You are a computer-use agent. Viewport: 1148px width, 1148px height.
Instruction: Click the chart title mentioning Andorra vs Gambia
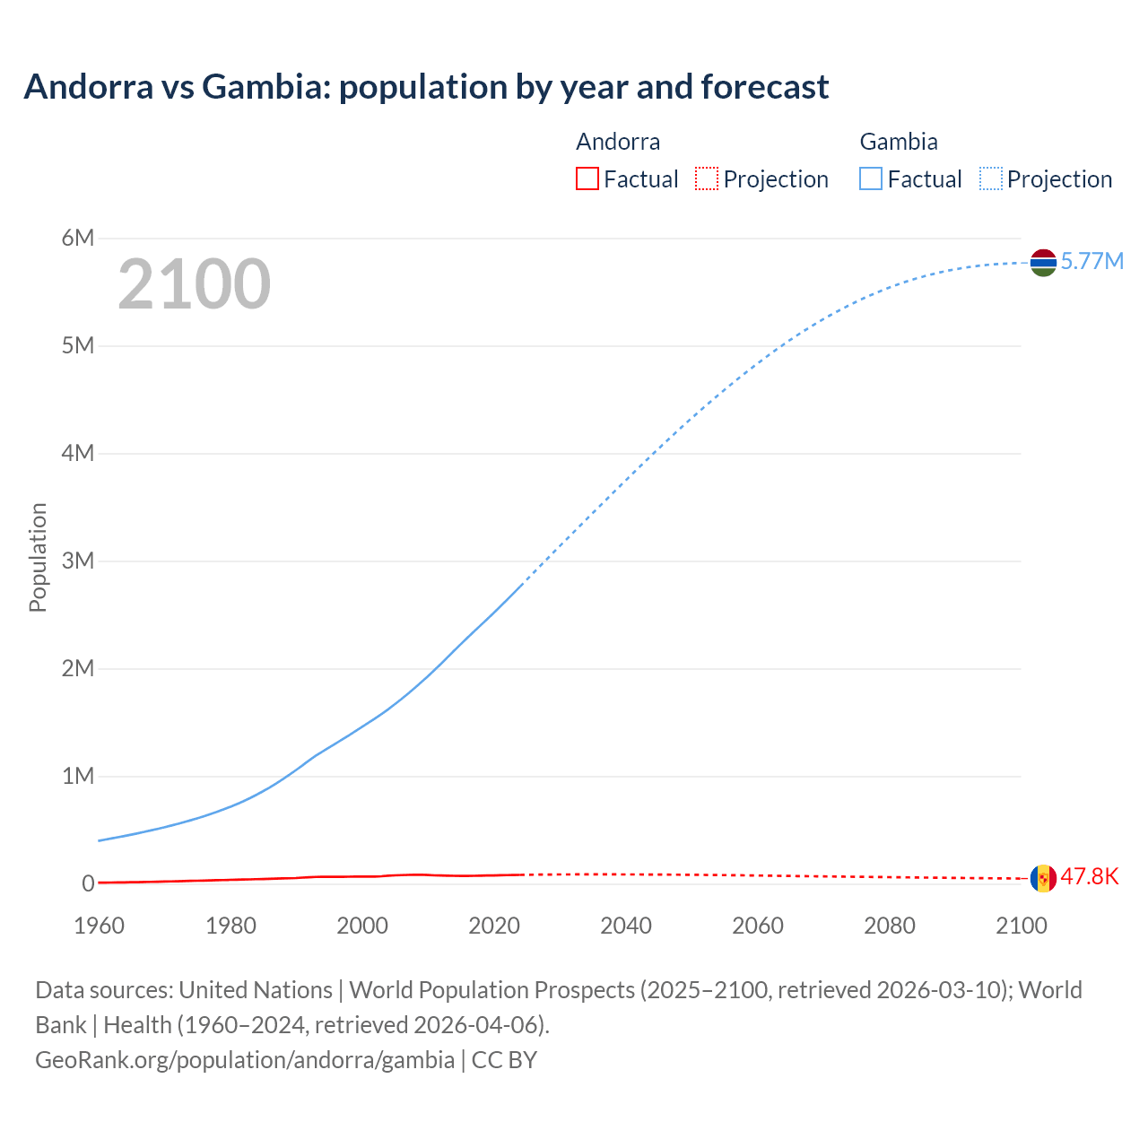pos(426,87)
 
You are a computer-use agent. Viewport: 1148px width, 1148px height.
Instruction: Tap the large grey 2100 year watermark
pos(194,284)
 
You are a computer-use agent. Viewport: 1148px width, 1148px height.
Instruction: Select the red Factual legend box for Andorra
pos(587,179)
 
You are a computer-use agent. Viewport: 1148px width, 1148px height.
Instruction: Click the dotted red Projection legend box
pos(707,179)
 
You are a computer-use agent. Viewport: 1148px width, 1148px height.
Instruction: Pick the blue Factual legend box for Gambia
pos(871,179)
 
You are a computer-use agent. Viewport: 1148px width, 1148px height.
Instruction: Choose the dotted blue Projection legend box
pos(991,179)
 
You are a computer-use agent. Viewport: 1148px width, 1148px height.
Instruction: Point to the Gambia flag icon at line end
pos(1043,262)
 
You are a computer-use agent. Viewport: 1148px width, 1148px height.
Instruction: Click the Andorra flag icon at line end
pos(1043,878)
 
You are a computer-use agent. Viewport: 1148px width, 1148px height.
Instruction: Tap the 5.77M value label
pos(1091,261)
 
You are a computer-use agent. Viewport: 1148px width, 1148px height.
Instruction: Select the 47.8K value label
pos(1090,876)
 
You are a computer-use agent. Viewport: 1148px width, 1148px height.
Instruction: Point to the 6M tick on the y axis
pos(78,238)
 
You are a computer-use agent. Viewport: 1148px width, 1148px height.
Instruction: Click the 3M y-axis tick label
pos(78,561)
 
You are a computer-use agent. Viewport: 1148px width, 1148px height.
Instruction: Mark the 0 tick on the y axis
pos(88,883)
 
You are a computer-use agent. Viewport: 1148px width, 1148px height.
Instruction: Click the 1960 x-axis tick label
pos(99,926)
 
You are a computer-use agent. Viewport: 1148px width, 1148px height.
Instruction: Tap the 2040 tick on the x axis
pos(626,926)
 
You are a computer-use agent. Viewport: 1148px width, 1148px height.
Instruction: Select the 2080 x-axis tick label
pos(890,926)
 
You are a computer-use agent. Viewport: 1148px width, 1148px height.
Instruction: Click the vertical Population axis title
pos(38,557)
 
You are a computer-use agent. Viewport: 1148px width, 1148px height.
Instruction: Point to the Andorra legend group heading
pos(618,142)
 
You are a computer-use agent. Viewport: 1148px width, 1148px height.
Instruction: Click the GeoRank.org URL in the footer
pos(245,1060)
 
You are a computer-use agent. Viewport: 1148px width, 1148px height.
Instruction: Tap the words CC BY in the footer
pos(504,1060)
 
